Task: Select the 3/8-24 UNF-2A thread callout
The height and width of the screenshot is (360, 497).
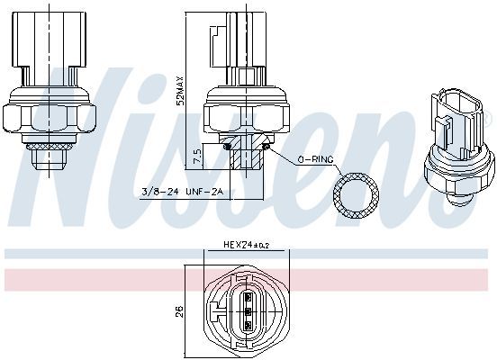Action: click(x=183, y=192)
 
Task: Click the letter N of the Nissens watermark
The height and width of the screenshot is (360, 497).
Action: click(x=72, y=135)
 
